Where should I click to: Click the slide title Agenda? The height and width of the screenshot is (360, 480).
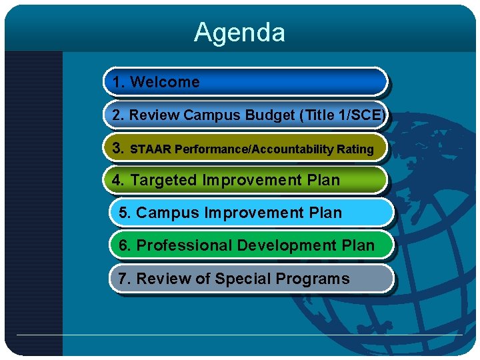point(239,32)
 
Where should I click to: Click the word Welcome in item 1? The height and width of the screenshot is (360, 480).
point(165,82)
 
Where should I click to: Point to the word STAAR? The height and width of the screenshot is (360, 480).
point(151,149)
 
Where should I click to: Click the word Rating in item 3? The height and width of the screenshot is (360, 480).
point(356,149)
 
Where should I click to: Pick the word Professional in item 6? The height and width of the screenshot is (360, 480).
point(183,245)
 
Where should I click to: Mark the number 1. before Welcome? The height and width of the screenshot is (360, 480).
point(119,82)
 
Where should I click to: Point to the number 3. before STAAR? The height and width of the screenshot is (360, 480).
point(119,148)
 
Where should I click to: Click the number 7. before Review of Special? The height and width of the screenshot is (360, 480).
point(124,278)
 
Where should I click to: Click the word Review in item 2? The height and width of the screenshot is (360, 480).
point(154,115)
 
